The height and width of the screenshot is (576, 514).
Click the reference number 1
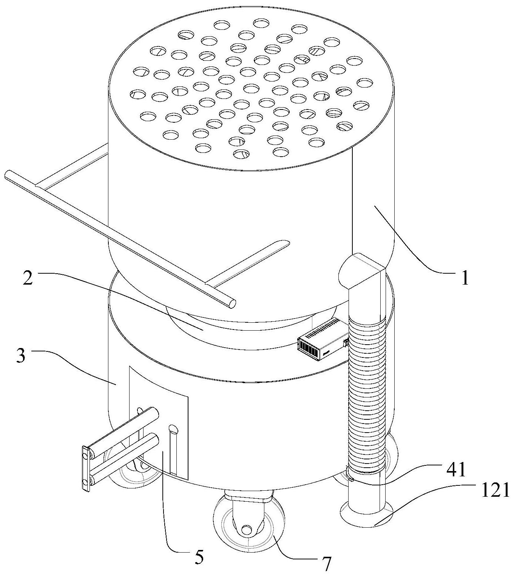(465, 277)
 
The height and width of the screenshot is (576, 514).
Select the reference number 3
(21, 356)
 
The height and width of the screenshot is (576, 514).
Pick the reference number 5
(199, 542)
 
